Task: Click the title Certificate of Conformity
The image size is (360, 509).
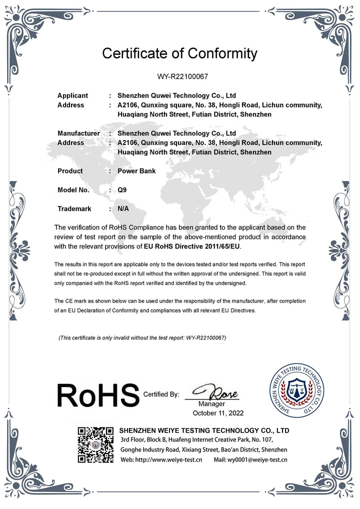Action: (x=179, y=53)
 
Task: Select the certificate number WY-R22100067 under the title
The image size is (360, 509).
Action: (x=179, y=77)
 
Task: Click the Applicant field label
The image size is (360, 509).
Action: (x=72, y=95)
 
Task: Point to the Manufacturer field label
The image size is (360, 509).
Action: (x=78, y=133)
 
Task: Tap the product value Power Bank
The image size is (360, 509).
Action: (x=136, y=171)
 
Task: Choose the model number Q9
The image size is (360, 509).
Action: (x=122, y=190)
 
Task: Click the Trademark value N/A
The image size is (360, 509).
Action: (x=123, y=208)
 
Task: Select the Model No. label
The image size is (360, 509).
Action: (x=73, y=190)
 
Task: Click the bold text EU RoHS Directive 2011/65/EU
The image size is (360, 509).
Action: (x=192, y=246)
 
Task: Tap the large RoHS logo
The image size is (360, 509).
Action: (x=97, y=394)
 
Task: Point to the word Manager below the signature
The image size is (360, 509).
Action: (x=211, y=403)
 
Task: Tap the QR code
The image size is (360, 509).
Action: (x=95, y=444)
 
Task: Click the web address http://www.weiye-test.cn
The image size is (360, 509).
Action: (x=160, y=459)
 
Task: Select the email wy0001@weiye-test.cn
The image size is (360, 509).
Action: (x=250, y=459)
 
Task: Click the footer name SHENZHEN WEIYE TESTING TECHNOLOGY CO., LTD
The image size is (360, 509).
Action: (x=204, y=430)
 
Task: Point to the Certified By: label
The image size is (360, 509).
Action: (x=161, y=394)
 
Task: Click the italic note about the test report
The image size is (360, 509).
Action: (x=142, y=338)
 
